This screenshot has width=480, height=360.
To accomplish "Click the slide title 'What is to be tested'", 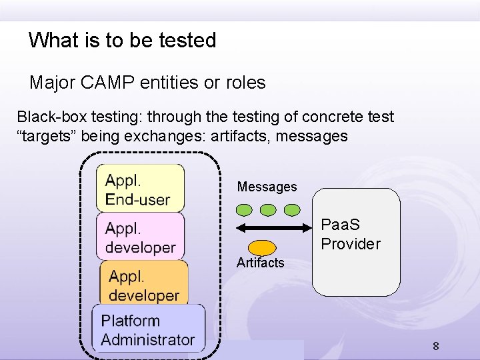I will pos(122,40).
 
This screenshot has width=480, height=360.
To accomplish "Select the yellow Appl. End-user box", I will pos(140,189).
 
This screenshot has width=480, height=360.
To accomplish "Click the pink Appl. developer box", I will pos(141,237).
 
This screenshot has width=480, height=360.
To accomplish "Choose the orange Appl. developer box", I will pos(144,285).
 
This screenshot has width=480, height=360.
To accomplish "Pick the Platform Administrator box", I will pos(148,329).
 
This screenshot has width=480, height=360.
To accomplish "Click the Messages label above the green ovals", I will pos(267,187).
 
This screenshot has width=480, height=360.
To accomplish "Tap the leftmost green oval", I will pos(245,210).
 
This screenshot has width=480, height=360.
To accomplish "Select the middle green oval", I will pos(268,210).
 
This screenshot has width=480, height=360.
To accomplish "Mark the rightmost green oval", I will pos(292,210).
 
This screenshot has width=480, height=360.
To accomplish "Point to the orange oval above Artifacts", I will pos(263,247).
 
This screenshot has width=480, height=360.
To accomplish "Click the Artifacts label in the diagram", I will pos(260,263).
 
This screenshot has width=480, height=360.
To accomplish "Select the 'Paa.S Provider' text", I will pos(350,234).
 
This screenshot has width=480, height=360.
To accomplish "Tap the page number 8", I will pos(435,346).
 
